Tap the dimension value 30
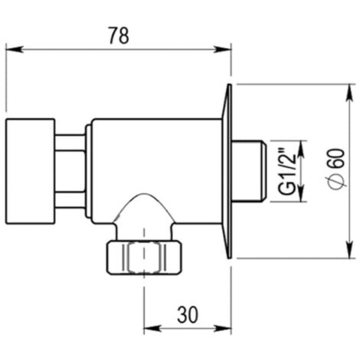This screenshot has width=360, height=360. click(187, 314)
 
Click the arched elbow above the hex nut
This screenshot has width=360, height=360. click(145, 211)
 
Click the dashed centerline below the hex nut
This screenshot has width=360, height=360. click(145, 298)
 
